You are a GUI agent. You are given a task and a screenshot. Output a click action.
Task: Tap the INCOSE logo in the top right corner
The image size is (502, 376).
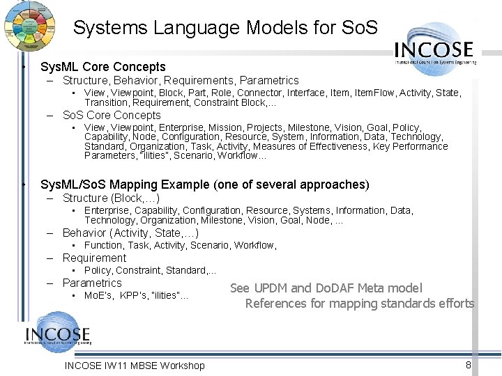click(x=434, y=49)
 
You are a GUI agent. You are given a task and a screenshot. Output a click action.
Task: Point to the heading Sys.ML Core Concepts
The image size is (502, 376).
click(x=103, y=67)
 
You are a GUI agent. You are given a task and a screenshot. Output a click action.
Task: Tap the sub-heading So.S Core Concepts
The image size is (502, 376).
click(x=112, y=115)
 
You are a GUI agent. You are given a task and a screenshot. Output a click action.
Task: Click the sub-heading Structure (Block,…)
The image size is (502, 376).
click(x=111, y=198)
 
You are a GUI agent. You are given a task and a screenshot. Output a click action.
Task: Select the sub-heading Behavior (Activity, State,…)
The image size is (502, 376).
click(x=130, y=233)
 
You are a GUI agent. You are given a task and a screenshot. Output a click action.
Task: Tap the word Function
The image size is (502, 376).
click(x=103, y=245)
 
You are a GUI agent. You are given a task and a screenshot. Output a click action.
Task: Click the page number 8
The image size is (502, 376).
click(x=469, y=365)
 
